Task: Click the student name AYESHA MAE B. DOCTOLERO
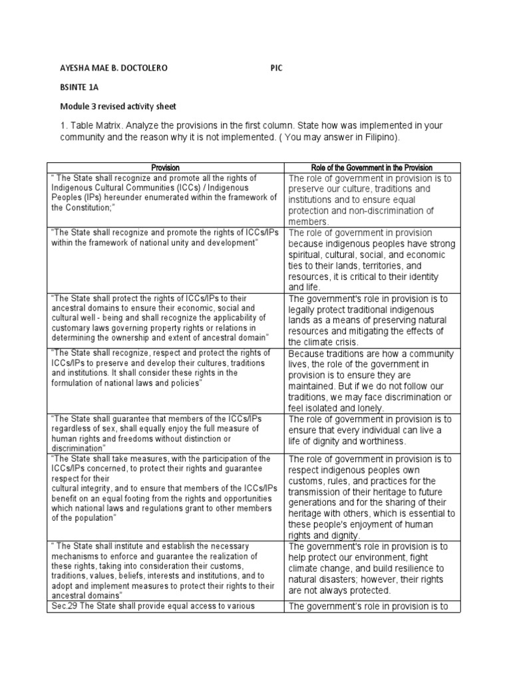114,68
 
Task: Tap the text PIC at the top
277,68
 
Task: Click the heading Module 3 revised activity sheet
118,106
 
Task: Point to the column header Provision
165,168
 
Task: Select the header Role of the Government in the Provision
372,168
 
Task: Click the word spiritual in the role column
305,255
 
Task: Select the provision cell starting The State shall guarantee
165,434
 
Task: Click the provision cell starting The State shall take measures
165,488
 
